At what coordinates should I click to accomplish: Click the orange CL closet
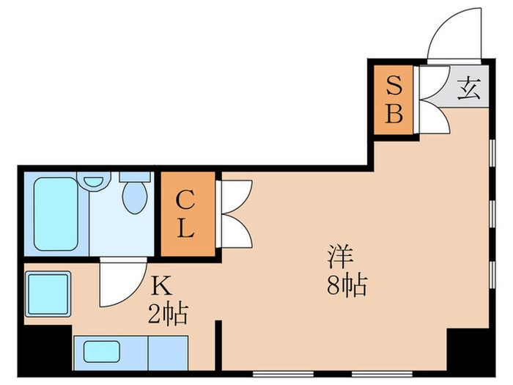coord(187,214)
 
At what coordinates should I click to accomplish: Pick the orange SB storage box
coord(394,100)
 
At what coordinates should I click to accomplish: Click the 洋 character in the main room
coord(341,258)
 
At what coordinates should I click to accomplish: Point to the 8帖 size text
coord(346,284)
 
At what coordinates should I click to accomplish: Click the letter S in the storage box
coord(394,85)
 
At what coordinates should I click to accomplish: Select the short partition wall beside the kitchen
coord(218,345)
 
